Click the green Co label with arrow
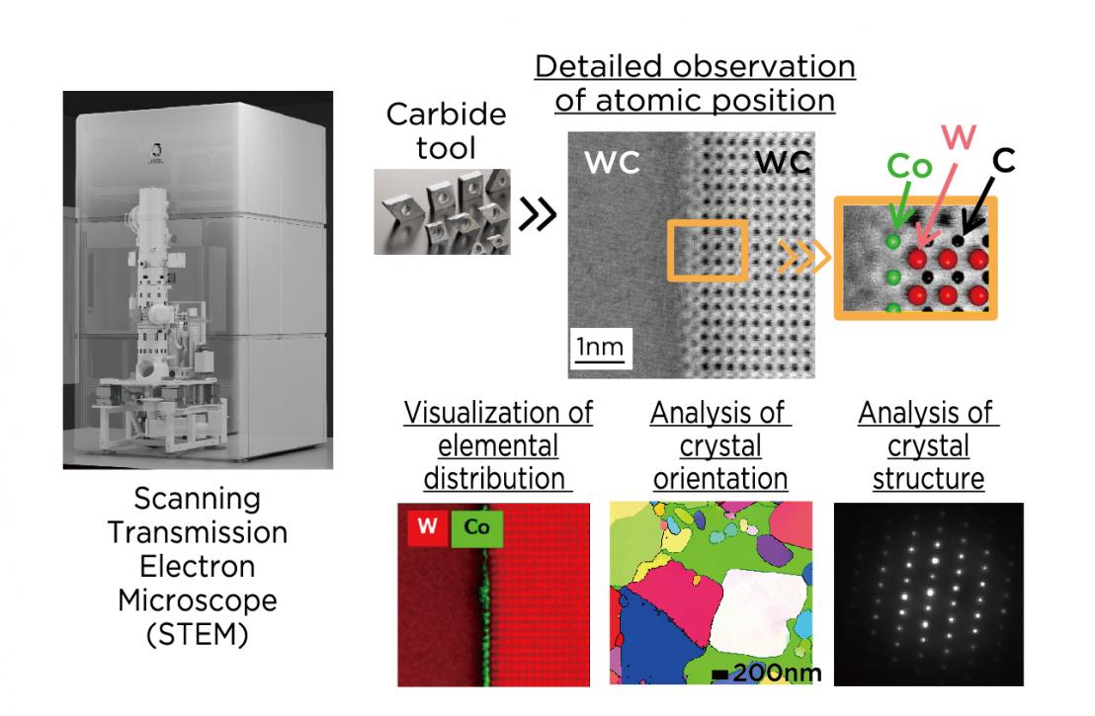pos(908,165)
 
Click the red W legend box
pos(426,526)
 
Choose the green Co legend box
pos(476,529)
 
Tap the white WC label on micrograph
pos(612,163)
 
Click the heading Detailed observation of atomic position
pos(694,83)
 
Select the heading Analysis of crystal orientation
pos(719,445)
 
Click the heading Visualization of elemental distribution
pos(498,445)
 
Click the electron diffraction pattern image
pos(928,595)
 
